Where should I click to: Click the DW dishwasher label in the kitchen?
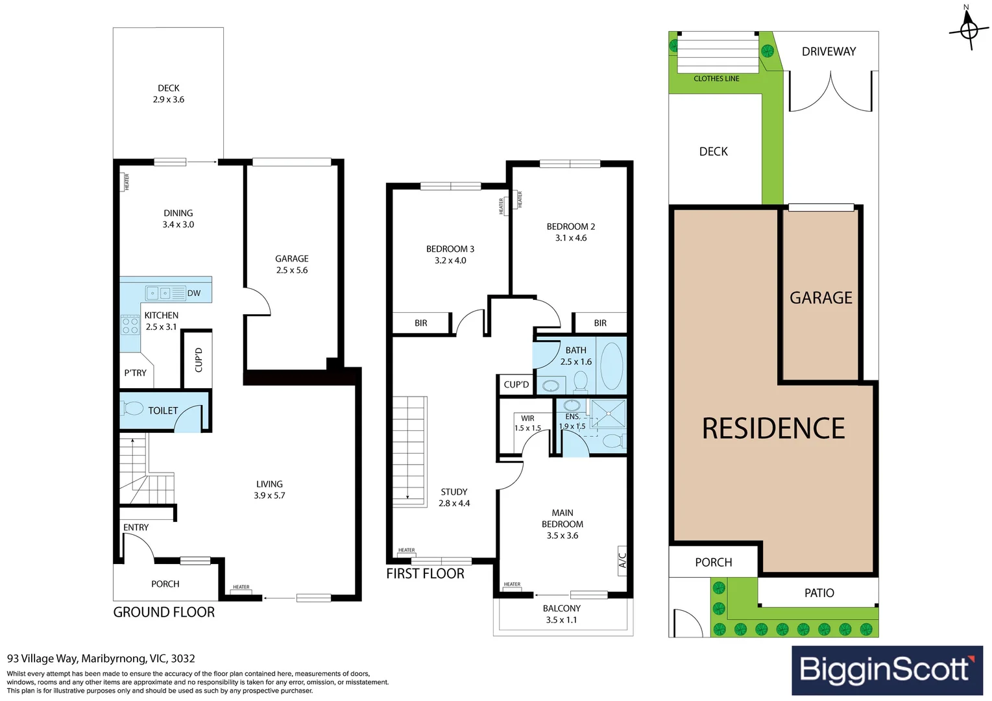click(x=193, y=293)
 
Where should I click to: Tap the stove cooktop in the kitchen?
click(x=130, y=325)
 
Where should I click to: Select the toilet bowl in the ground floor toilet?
click(x=133, y=409)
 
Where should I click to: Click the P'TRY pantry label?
click(x=135, y=373)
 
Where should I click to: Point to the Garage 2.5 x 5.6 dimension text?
click(x=292, y=270)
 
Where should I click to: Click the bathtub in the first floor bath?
click(x=611, y=366)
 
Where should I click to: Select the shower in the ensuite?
click(x=609, y=413)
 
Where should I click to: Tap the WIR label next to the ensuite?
click(x=527, y=419)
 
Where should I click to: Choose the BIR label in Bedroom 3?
click(x=420, y=323)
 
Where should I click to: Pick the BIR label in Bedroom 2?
click(x=600, y=323)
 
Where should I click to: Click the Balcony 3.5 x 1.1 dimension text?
click(x=561, y=620)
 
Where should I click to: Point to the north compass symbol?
click(x=969, y=29)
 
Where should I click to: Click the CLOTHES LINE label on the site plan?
click(x=716, y=79)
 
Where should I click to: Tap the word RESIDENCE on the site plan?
click(x=773, y=429)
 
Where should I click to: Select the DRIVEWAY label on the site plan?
click(x=829, y=52)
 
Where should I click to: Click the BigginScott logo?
click(x=886, y=670)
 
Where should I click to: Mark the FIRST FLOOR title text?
click(x=425, y=574)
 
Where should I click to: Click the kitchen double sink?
click(x=159, y=293)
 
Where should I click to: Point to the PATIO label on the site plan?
click(x=819, y=593)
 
